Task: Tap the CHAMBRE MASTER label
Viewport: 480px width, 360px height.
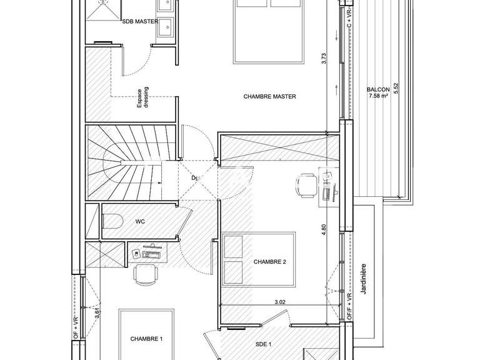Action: click(x=270, y=97)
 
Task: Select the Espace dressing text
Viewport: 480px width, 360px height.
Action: click(x=143, y=100)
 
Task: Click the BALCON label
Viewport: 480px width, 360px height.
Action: click(x=378, y=89)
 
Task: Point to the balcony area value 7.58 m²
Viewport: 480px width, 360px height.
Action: click(x=378, y=96)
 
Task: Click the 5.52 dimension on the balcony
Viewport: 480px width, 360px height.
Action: click(x=395, y=90)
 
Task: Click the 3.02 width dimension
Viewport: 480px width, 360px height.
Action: click(x=280, y=302)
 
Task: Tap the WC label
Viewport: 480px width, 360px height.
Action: click(x=141, y=221)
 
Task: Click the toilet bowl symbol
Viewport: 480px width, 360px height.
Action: click(x=112, y=221)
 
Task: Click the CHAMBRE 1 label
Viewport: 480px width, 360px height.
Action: click(x=146, y=339)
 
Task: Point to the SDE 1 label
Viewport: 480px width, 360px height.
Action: click(x=263, y=344)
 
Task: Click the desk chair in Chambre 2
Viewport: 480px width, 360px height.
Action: click(x=305, y=185)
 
